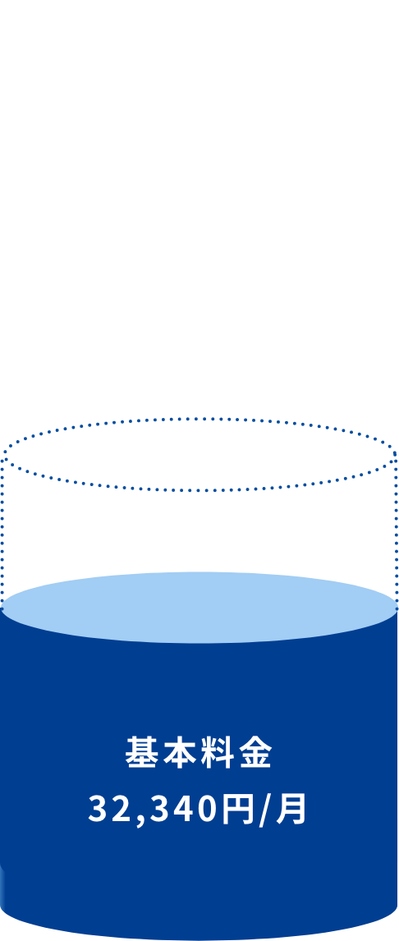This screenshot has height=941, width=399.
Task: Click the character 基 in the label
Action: (141, 752)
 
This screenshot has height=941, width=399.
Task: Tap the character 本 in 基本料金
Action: (180, 752)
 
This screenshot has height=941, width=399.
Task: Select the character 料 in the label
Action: (218, 752)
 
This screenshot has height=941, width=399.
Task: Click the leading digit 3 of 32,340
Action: (98, 809)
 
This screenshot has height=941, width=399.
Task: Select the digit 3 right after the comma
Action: (160, 809)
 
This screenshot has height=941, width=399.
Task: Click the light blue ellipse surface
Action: (199, 608)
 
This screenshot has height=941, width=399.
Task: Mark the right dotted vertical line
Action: (396, 532)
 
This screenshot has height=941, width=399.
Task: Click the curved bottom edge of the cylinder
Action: (199, 938)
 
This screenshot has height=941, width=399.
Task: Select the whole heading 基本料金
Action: (199, 752)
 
